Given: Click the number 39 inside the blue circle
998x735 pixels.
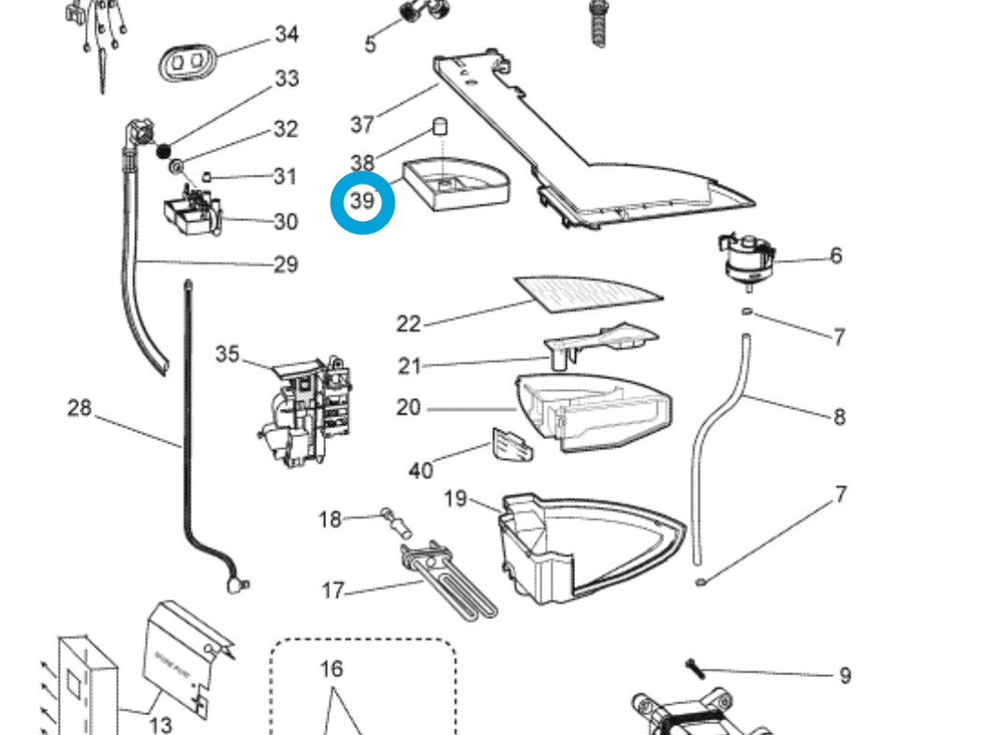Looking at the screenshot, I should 362,200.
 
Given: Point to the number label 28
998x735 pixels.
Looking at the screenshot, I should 80,407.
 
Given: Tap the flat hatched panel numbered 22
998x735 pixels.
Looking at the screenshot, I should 587,293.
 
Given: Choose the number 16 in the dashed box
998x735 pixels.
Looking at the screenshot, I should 331,669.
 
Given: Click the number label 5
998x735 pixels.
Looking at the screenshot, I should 370,44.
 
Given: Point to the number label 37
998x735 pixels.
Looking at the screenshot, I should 362,123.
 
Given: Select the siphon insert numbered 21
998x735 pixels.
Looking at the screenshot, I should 599,341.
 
